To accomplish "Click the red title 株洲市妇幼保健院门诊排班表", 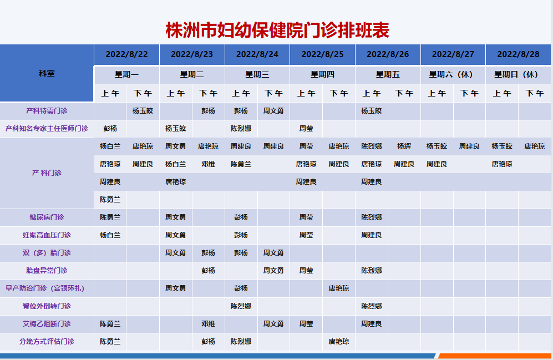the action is pos(277,30).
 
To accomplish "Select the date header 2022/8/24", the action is pos(257,54).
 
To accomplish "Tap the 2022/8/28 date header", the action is pos(518,54).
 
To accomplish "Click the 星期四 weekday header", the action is pos(322,74).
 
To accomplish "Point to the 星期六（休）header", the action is pos(451,74).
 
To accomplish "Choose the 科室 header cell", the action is pos(47,73).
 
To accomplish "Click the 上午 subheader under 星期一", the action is pos(110,93).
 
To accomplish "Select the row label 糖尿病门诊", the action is pos(47,217).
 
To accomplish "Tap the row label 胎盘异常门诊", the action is pos(47,271).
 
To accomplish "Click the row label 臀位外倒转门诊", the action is pos(47,306).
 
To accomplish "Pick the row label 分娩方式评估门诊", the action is pos(47,341).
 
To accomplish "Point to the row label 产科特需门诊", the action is pos(47,111).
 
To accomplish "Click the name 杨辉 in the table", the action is pos(404,146).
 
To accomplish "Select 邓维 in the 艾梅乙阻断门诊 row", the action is pos(208,324).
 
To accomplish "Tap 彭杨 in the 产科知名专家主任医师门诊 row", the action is pos(110,129).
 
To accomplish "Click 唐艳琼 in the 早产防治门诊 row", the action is pos(338,288).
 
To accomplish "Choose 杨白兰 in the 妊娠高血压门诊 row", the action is pos(110,235).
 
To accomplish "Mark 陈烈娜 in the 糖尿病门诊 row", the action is pos(372,217).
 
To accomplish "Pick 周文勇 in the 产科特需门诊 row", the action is pos(273,111).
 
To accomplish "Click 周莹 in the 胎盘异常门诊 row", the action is pos(306,271).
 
